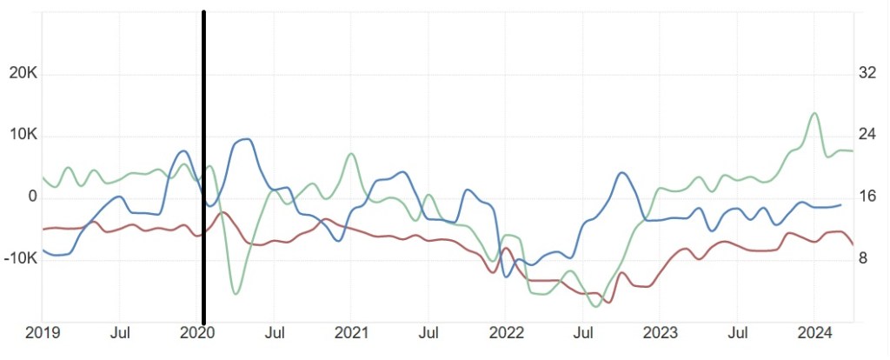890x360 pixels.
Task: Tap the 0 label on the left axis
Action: click(x=33, y=197)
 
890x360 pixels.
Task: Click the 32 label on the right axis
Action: click(x=867, y=74)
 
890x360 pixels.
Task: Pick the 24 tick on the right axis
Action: click(x=867, y=136)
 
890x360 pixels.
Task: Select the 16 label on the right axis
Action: click(x=867, y=197)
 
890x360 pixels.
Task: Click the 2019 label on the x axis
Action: click(x=42, y=332)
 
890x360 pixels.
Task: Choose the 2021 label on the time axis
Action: click(x=350, y=332)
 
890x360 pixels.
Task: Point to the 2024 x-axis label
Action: click(x=814, y=332)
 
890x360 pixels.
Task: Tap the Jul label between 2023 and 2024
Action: click(x=738, y=332)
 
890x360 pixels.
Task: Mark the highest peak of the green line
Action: click(x=814, y=113)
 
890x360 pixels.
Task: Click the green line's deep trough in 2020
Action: click(x=236, y=293)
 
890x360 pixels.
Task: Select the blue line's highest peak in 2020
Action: click(x=247, y=139)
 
